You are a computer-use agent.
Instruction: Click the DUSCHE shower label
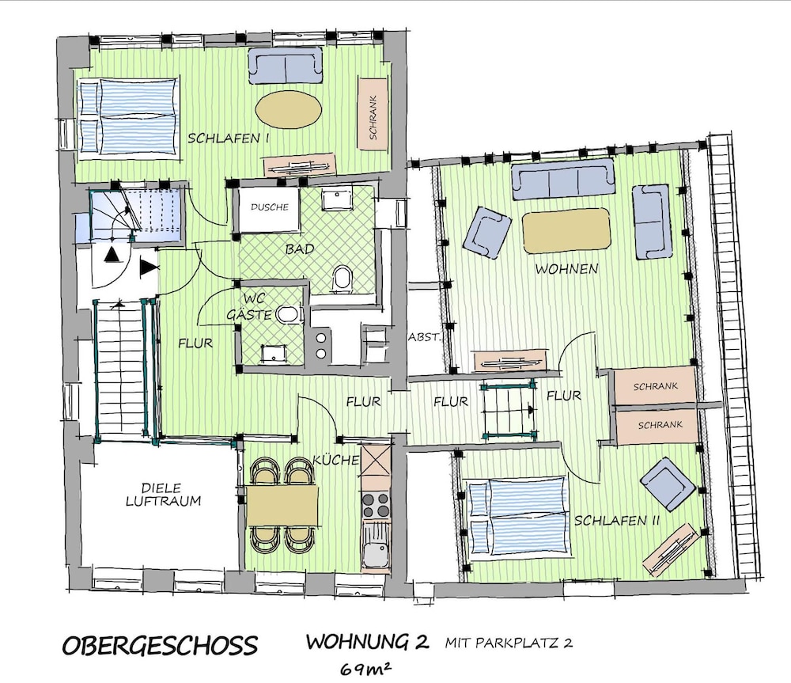tap(270, 207)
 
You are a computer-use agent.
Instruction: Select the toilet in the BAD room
tap(343, 279)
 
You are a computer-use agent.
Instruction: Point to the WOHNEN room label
tap(566, 268)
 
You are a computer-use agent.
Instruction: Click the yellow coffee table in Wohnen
tap(566, 230)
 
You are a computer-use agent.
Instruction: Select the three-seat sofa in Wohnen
tap(563, 179)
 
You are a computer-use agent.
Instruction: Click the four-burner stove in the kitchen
tap(376, 505)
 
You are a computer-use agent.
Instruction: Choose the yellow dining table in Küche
tap(282, 506)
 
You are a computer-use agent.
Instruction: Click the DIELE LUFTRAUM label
tap(163, 495)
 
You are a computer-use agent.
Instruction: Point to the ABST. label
tap(424, 337)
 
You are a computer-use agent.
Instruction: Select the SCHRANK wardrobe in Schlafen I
tap(373, 113)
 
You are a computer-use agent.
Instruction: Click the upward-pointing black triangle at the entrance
tap(111, 255)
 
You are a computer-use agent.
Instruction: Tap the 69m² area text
tap(365, 669)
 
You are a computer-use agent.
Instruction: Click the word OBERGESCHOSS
tap(160, 646)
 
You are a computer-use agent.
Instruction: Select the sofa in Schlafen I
tap(285, 65)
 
